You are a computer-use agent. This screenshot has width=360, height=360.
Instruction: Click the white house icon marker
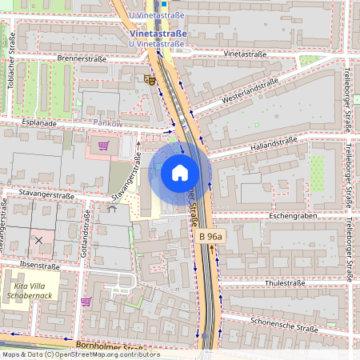pyautogui.click(x=180, y=172)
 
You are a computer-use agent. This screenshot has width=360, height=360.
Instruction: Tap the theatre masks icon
pyautogui.click(x=149, y=79)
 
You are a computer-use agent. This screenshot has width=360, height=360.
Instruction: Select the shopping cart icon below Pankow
pyautogui.click(x=103, y=146)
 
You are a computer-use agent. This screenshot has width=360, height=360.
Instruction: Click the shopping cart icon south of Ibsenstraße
pyautogui.click(x=86, y=301)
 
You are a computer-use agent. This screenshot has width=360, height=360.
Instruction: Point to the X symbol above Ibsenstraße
pyautogui.click(x=38, y=240)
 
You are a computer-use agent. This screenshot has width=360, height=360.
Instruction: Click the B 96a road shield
pyautogui.click(x=212, y=237)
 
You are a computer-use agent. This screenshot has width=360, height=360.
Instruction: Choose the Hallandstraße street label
pyautogui.click(x=274, y=142)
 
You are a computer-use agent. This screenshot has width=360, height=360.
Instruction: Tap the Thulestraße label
pyautogui.click(x=286, y=282)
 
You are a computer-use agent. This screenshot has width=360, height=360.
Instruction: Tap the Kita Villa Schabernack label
pyautogui.click(x=30, y=290)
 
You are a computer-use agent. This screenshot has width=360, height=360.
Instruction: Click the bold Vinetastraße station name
pyautogui.click(x=158, y=34)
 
